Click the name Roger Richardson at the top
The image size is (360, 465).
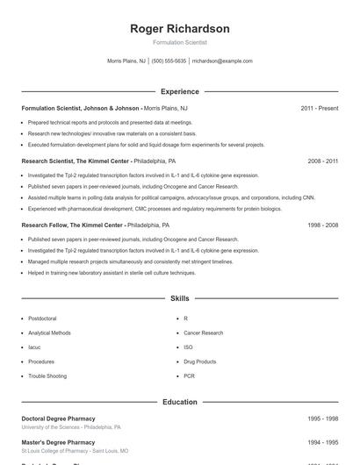[x=179, y=29]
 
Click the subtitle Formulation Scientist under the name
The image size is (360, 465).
[x=179, y=42]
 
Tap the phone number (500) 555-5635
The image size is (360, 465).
[x=169, y=61]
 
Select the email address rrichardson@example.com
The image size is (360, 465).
[x=222, y=61]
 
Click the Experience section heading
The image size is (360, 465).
[x=179, y=91]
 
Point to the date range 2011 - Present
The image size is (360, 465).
[x=319, y=108]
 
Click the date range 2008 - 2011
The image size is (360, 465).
[x=322, y=161]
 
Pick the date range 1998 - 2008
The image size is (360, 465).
[x=322, y=225]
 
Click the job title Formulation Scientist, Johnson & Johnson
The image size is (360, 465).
[x=81, y=108]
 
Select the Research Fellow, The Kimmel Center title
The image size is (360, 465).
[x=72, y=225]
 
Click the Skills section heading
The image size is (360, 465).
[x=179, y=299]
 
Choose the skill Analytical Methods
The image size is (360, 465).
[x=49, y=333]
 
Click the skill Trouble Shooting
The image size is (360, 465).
[x=47, y=376]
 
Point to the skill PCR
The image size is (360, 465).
[x=189, y=376]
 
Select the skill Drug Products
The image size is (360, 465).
[x=199, y=361]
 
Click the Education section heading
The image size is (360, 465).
[x=179, y=402]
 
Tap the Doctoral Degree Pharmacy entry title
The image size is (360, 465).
[x=58, y=418]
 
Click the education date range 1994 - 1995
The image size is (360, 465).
[x=322, y=443]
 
